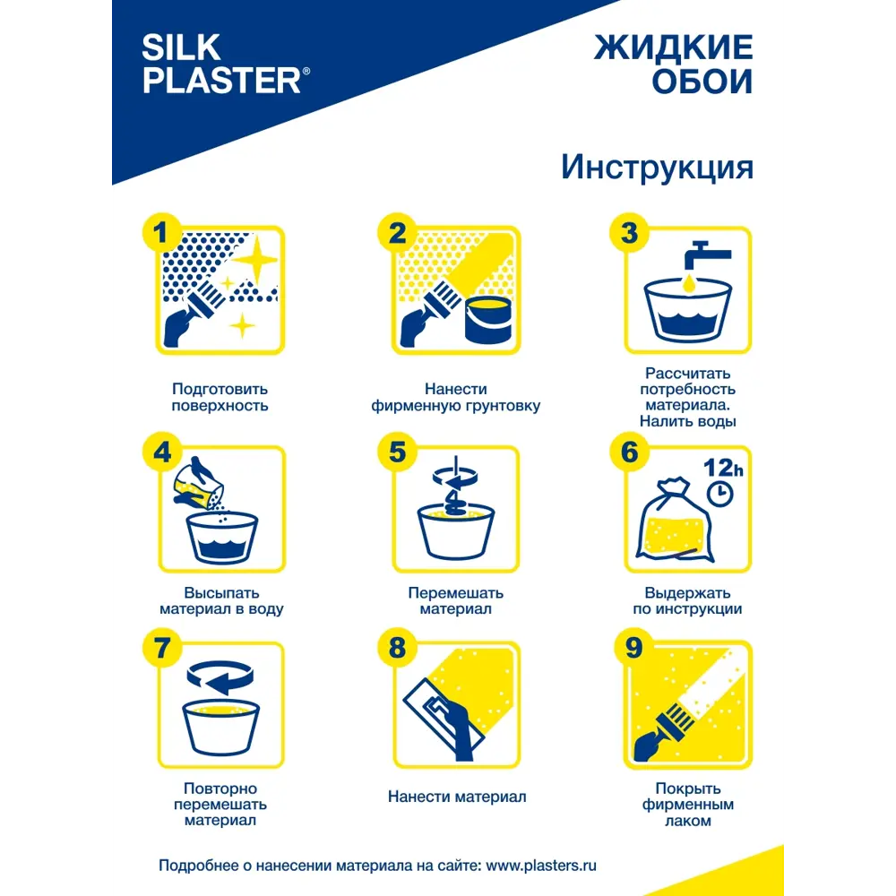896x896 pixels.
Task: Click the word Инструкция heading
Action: (657, 167)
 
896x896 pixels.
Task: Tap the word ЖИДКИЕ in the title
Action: (673, 47)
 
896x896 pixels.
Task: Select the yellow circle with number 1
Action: (161, 234)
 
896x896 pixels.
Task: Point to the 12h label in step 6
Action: (721, 468)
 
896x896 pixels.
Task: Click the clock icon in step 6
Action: (719, 492)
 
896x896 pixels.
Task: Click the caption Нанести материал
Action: (457, 797)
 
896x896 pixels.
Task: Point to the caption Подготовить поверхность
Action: (220, 397)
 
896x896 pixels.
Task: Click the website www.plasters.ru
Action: (541, 866)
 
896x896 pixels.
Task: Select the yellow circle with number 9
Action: (633, 648)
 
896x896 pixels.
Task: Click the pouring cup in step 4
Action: (200, 485)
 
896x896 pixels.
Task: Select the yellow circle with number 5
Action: (397, 452)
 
